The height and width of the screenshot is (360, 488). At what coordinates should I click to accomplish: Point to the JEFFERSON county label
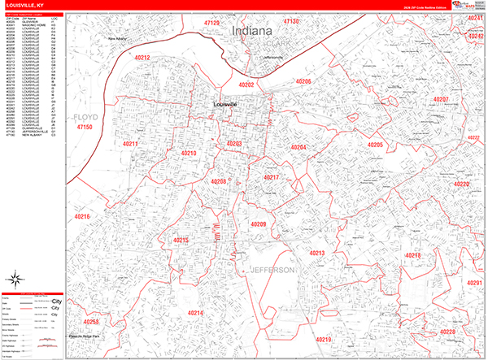tap(272, 269)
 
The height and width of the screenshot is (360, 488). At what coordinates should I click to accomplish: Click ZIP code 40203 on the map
tap(233, 144)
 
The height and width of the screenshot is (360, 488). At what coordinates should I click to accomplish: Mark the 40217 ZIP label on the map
tap(271, 177)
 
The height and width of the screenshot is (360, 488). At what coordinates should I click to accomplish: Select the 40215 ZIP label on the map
tap(181, 241)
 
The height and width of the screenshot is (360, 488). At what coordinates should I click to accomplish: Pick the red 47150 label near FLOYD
tap(84, 128)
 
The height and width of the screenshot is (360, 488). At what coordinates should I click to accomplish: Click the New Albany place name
tap(120, 38)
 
